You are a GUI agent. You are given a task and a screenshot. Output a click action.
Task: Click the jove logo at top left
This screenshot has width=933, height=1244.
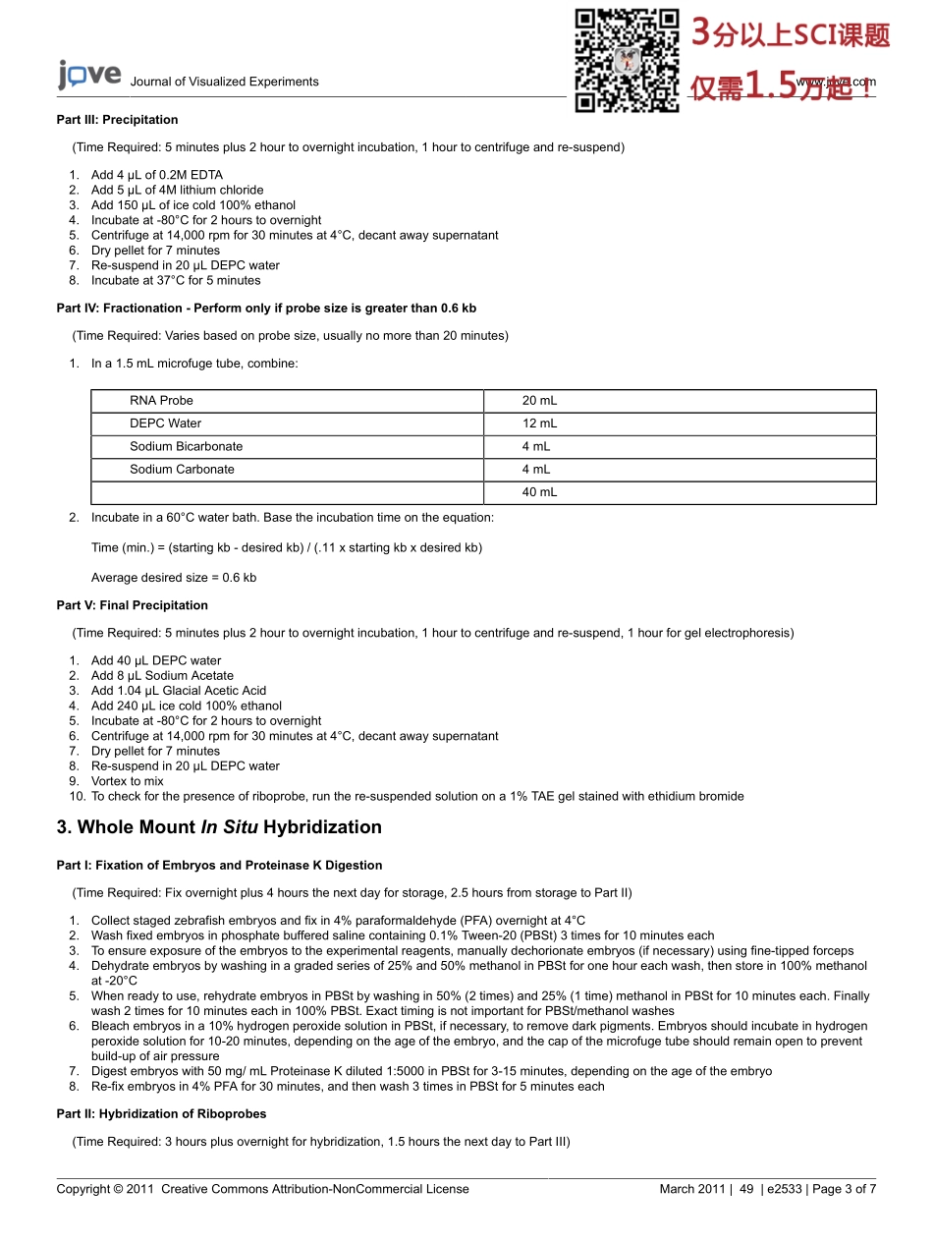click(x=89, y=76)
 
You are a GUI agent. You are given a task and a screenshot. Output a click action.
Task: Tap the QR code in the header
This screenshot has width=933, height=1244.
click(x=627, y=60)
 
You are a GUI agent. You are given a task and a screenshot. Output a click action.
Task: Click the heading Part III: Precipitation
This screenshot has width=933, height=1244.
click(x=117, y=120)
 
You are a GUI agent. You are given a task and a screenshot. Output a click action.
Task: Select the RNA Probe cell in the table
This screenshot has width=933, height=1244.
click(x=161, y=401)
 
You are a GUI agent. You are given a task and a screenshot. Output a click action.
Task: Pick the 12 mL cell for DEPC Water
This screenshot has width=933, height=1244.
click(x=539, y=424)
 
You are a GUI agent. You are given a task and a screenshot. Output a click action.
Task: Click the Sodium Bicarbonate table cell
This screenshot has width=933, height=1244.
click(x=186, y=446)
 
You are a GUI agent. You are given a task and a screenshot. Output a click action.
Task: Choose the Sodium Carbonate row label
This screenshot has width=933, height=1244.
click(x=182, y=470)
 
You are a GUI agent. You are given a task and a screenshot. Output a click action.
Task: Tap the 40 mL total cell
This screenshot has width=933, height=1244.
click(x=539, y=492)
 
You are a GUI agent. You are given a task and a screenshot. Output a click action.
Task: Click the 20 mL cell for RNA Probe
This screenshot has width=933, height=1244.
click(x=539, y=401)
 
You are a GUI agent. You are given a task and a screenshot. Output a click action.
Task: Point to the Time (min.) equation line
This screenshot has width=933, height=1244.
click(x=286, y=547)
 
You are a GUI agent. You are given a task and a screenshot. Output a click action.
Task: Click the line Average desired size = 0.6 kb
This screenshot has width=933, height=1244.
click(x=173, y=578)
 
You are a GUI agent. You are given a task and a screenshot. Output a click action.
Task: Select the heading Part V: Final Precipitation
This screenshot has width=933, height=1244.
click(x=132, y=605)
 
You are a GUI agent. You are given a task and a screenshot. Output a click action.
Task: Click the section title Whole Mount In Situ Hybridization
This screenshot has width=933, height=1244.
click(x=219, y=827)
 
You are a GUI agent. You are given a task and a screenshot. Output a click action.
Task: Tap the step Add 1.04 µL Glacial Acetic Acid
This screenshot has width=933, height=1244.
click(x=178, y=691)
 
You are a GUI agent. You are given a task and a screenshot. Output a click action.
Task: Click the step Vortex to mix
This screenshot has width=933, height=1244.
click(x=127, y=781)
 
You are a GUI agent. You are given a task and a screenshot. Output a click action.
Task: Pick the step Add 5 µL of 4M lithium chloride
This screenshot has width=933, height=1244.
click(x=177, y=190)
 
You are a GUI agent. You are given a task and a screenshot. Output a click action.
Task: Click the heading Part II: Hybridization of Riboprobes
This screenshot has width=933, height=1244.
click(x=161, y=1114)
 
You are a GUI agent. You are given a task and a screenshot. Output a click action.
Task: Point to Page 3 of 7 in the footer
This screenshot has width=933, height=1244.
click(x=844, y=1189)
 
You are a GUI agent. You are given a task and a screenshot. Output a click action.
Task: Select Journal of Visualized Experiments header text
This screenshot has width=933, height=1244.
click(x=224, y=83)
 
